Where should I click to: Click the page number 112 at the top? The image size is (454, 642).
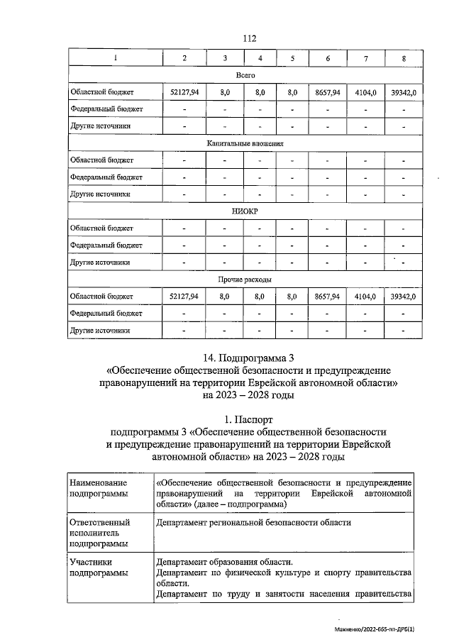click(248, 38)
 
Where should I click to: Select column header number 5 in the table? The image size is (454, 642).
click(292, 57)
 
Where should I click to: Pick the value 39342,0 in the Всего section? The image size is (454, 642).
click(403, 92)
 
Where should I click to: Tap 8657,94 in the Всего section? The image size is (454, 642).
click(328, 92)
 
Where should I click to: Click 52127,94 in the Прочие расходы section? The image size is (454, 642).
click(184, 297)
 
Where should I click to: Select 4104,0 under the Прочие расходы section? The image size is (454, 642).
click(365, 297)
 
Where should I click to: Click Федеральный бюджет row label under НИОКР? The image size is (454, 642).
click(106, 245)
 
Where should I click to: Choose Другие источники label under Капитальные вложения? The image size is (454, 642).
click(101, 194)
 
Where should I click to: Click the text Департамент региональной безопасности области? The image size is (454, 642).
click(253, 522)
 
